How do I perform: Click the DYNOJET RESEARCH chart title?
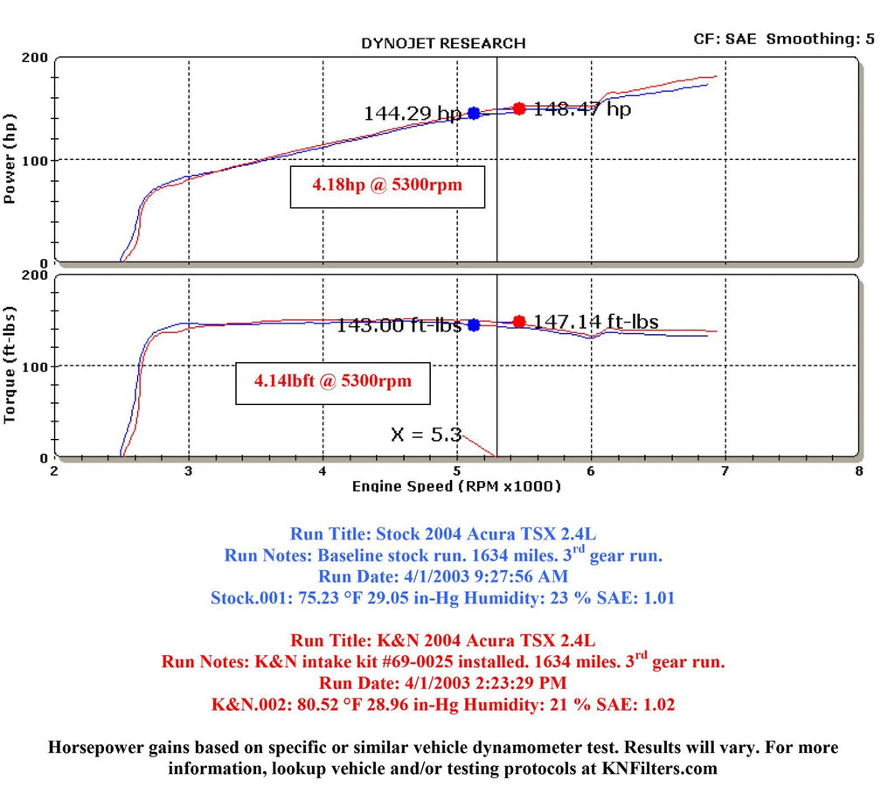[443, 43]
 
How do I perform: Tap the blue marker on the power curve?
[474, 113]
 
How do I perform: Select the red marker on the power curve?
[519, 108]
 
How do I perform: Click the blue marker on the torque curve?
[474, 324]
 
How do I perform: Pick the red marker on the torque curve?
[519, 321]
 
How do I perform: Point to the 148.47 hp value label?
[582, 109]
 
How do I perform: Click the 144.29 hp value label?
[412, 114]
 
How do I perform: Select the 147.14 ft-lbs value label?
[596, 322]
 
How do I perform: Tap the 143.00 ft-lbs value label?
[399, 325]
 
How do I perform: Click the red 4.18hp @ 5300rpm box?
[387, 186]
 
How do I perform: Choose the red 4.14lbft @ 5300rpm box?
[333, 382]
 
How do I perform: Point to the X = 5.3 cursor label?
[426, 434]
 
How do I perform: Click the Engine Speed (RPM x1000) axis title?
[456, 486]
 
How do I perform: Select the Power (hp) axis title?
[10, 159]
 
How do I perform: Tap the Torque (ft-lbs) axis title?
[10, 366]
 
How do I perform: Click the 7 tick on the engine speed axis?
[725, 471]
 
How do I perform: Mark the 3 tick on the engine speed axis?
[189, 471]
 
